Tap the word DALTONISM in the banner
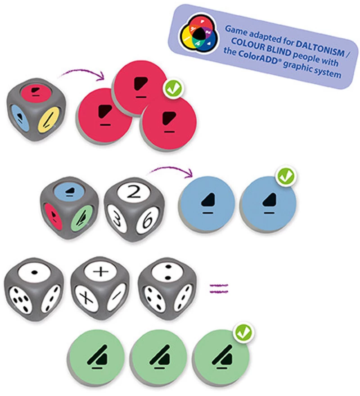[x=319, y=48]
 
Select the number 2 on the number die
[x=134, y=192]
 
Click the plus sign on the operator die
[x=101, y=272]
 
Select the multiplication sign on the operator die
[x=86, y=298]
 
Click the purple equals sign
[x=219, y=288]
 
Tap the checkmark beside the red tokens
[x=173, y=88]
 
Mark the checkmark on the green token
[x=243, y=333]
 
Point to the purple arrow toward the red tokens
[x=83, y=70]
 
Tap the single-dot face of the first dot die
[x=35, y=272]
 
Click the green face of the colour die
[x=82, y=218]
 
